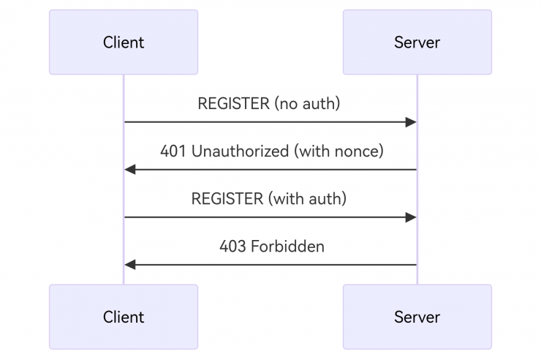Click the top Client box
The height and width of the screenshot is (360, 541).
123,42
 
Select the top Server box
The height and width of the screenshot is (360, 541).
417,42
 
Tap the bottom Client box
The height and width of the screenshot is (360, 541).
123,317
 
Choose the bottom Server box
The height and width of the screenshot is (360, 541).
417,317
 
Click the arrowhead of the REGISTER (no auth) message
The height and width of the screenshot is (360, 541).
411,122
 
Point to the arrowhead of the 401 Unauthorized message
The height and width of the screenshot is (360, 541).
130,170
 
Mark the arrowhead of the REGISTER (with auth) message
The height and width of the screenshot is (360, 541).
411,217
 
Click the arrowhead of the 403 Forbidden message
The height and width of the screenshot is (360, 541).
130,265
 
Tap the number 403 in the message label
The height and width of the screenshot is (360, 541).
232,247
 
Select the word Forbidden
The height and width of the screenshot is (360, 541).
287,247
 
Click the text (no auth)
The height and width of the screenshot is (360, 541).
307,104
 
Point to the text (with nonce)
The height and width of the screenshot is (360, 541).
338,151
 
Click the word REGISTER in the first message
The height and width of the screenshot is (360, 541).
233,104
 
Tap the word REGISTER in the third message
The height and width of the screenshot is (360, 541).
227,199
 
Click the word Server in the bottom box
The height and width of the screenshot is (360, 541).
417,317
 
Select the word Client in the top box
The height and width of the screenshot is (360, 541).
123,42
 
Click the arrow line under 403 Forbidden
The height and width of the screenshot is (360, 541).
270,265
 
